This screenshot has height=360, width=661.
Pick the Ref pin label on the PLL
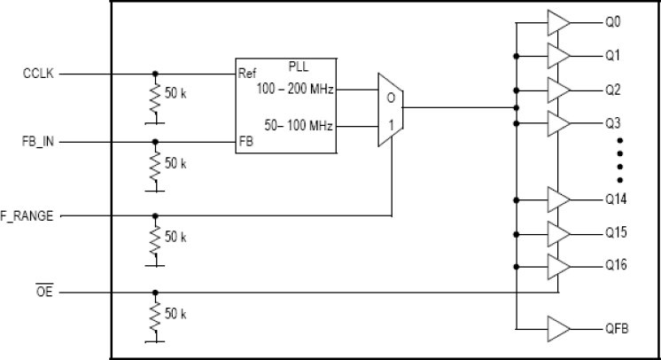pyautogui.click(x=248, y=74)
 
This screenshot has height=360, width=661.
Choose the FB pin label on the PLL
pyautogui.click(x=246, y=141)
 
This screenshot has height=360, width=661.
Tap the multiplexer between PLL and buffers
pyautogui.click(x=389, y=107)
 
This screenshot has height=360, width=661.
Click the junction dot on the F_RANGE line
pyautogui.click(x=156, y=215)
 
